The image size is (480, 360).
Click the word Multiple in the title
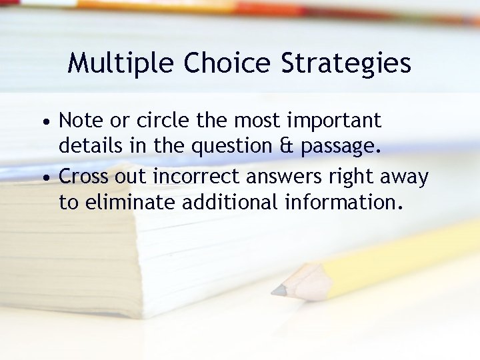tap(121, 63)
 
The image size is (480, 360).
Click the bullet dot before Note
tap(44, 123)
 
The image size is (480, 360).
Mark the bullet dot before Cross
tap(44, 179)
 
